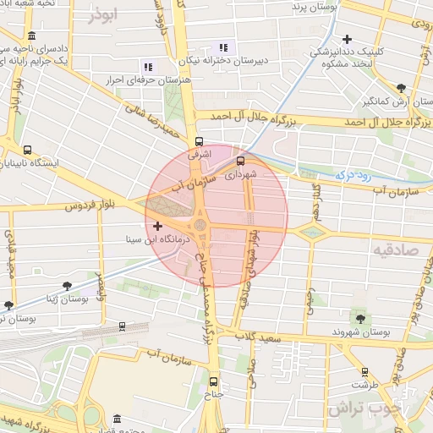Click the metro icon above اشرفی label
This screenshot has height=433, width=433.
click(199, 142)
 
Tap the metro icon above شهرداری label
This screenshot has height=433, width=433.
click(240, 160)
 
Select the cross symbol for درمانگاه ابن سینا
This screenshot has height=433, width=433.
click(157, 226)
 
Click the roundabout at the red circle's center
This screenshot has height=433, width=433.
click(200, 226)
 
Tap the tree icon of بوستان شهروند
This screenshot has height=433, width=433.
click(361, 319)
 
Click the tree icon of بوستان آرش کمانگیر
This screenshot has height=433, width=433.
click(400, 87)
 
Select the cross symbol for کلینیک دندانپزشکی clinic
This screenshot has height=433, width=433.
click(348, 39)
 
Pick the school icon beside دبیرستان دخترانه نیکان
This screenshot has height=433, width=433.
click(223, 47)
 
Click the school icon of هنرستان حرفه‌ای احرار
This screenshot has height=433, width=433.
click(148, 66)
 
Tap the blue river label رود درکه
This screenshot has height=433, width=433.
click(354, 174)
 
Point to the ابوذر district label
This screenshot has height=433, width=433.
click(103, 15)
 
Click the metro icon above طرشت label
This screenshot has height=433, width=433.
click(364, 371)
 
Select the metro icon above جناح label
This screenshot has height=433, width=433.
click(213, 381)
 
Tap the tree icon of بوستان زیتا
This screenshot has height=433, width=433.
click(68, 286)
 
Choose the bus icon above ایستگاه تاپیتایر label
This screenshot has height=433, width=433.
click(29, 150)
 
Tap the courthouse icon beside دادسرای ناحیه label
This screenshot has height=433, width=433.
click(31, 36)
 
